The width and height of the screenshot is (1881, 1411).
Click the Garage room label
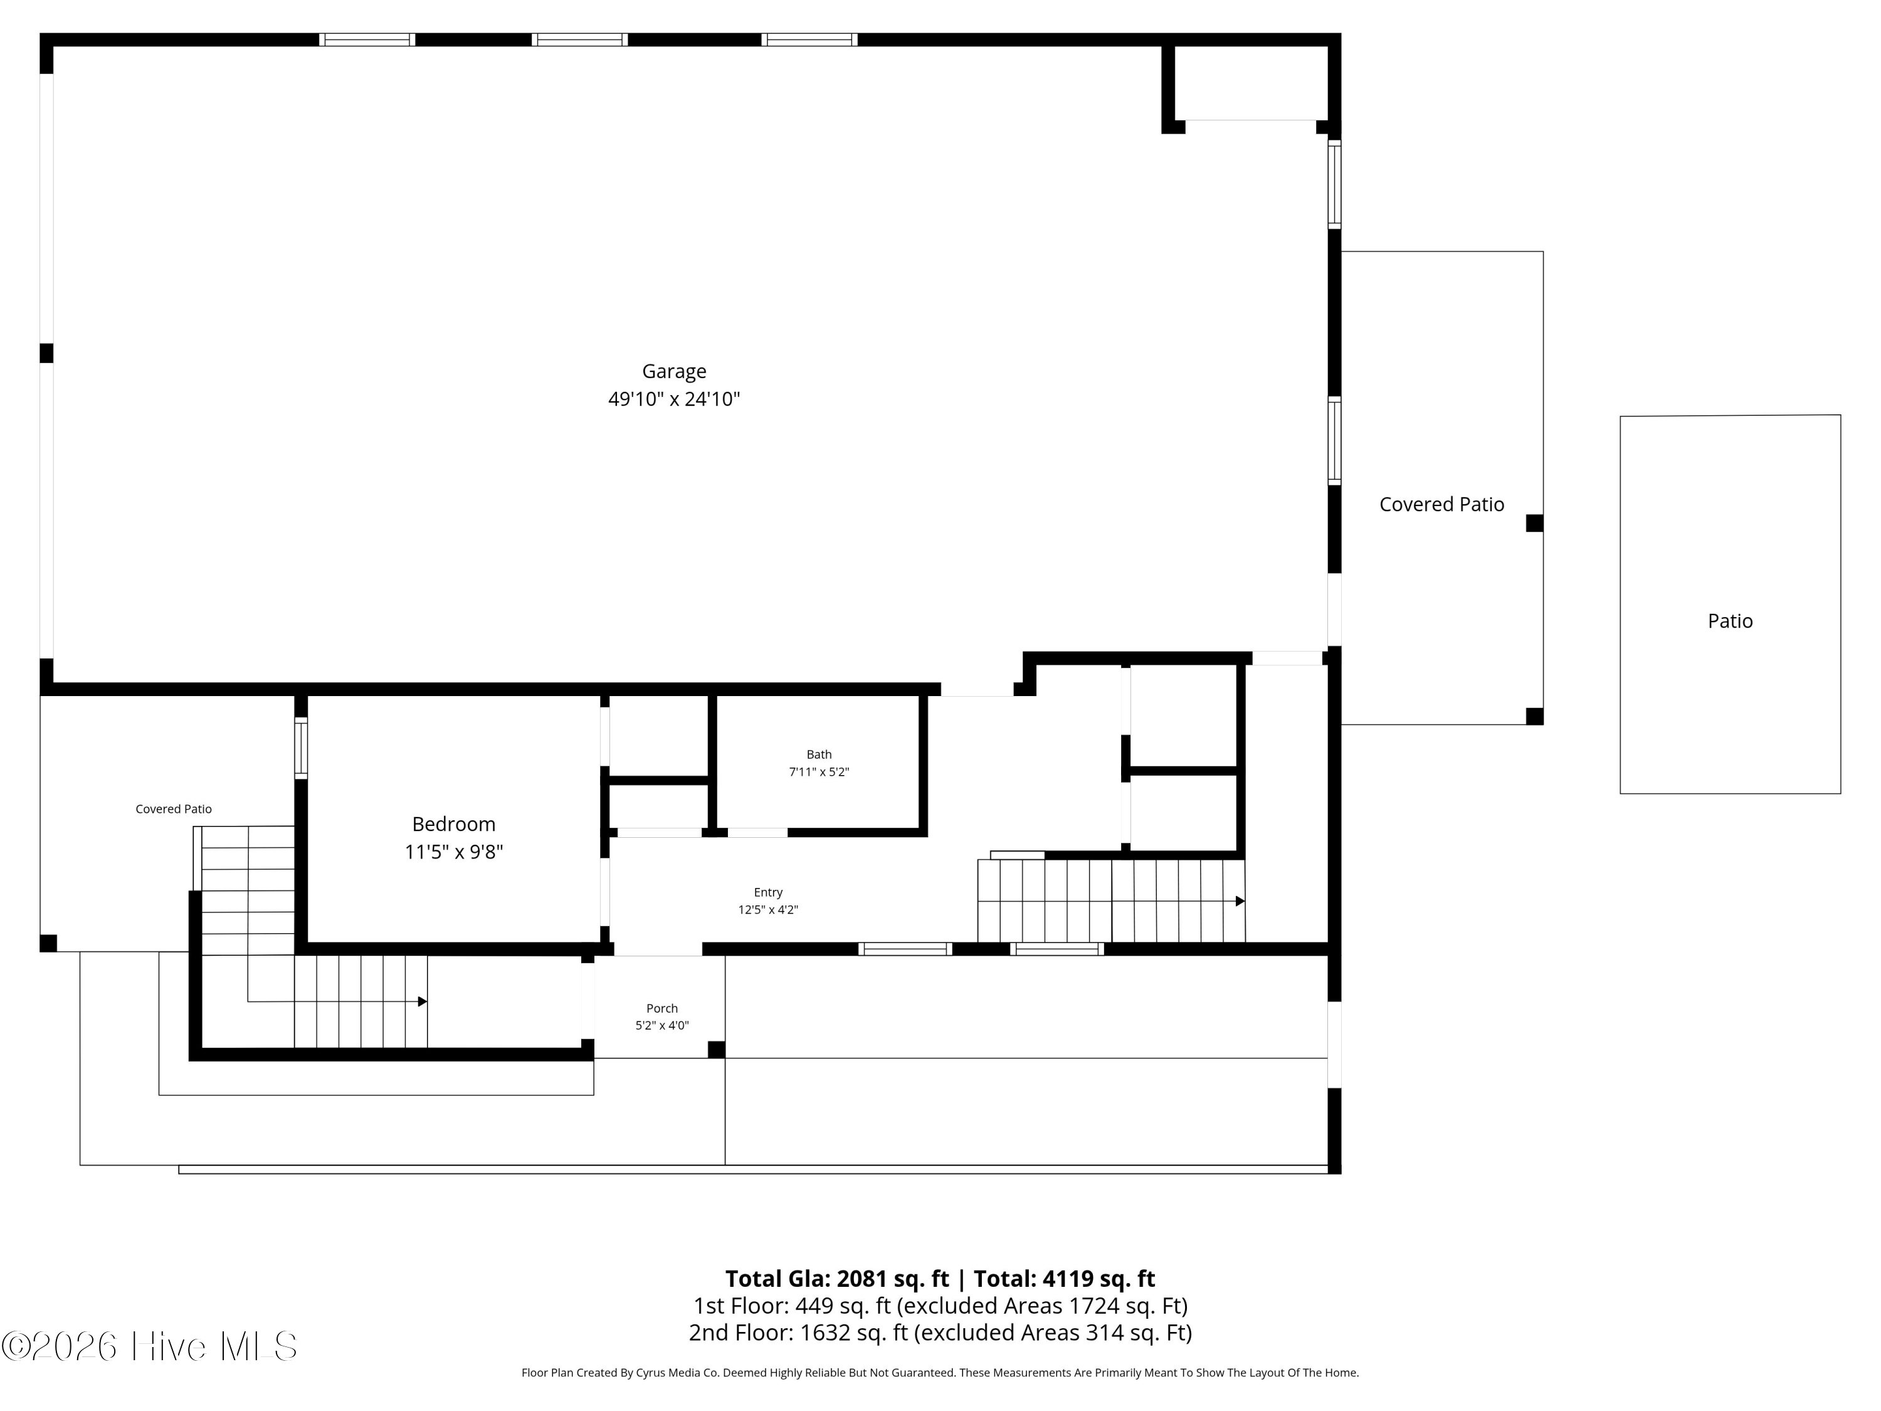point(673,371)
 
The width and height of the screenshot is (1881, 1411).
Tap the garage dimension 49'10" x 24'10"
point(673,399)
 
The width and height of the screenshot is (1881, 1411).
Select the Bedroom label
point(453,823)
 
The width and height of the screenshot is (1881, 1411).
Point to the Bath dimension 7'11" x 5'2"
point(819,772)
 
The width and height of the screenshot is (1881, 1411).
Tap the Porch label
point(661,1008)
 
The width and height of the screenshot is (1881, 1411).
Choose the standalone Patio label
point(1730,621)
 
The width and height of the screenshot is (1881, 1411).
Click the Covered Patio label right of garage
point(1441,504)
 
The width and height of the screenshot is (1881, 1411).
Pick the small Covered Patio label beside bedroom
point(174,809)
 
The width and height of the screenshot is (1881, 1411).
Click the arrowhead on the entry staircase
point(1240,901)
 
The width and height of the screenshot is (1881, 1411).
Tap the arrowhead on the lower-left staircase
point(423,1002)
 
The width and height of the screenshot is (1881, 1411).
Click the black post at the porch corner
point(716,1050)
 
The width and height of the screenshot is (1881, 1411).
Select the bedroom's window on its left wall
point(301,748)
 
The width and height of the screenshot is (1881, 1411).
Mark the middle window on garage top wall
point(580,39)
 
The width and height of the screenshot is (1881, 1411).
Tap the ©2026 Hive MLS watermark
point(149,1346)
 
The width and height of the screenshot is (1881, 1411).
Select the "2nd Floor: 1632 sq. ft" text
point(799,1332)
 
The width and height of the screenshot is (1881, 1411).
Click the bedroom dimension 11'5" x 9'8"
point(453,852)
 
